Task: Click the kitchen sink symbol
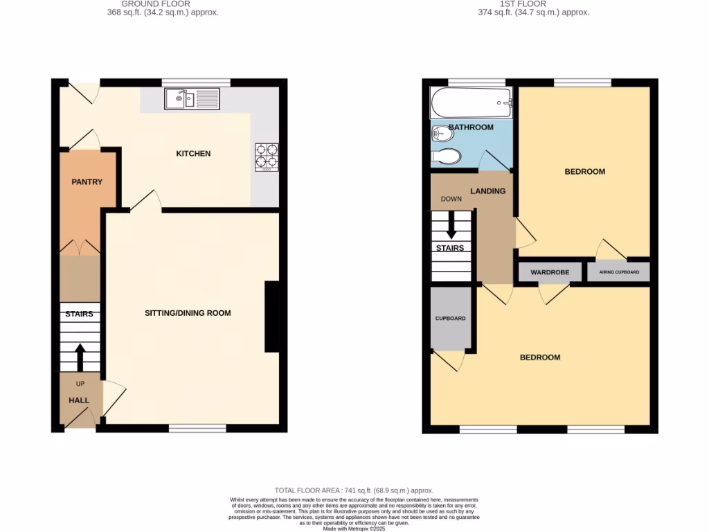tap(192, 99)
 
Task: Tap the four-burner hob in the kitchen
tap(266, 157)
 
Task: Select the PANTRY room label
tap(87, 182)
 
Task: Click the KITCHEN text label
tap(193, 153)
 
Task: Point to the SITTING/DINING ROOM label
tap(188, 313)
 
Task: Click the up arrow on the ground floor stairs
tap(80, 357)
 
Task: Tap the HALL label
tap(79, 400)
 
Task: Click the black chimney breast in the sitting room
tap(272, 317)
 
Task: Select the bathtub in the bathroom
tap(471, 104)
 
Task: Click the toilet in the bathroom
tap(445, 157)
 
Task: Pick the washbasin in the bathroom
tap(440, 132)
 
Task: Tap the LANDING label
tap(488, 191)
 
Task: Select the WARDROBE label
tap(550, 272)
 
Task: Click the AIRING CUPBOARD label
tap(619, 272)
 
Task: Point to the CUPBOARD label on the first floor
tap(450, 319)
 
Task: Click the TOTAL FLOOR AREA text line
tap(354, 490)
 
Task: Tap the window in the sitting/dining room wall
tap(197, 429)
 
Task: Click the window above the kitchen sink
tap(196, 82)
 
